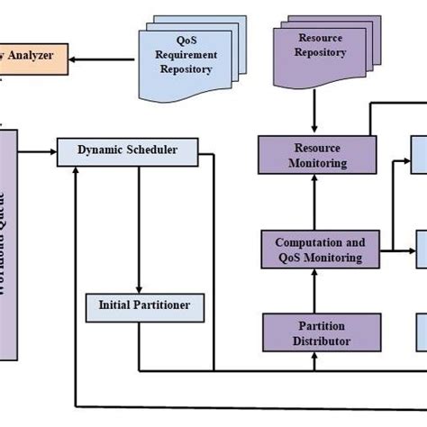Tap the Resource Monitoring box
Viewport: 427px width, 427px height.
click(x=310, y=155)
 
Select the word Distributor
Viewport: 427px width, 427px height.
click(x=310, y=341)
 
